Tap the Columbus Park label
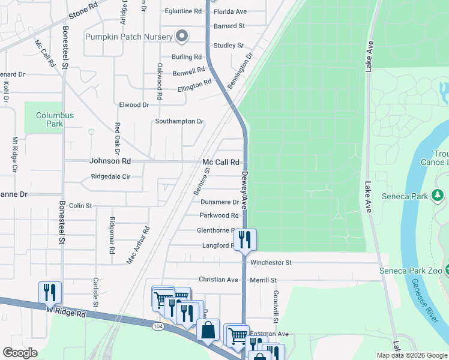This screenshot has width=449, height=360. pos(54,119)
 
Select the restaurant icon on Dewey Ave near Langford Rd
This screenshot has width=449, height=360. pos(244,240)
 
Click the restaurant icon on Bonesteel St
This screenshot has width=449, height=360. pos(50,292)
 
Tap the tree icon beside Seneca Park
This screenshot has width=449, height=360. pos(438,195)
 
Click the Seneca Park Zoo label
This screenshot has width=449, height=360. pos(411,271)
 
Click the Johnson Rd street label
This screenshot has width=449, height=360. pos(110,161)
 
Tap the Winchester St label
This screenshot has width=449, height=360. pos(271,263)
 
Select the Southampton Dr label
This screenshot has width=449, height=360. pos(179,121)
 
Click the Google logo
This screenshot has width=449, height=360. pos(20,353)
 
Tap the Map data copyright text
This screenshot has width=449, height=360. pos(411,355)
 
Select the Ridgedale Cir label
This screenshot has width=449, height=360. pos(110,177)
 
